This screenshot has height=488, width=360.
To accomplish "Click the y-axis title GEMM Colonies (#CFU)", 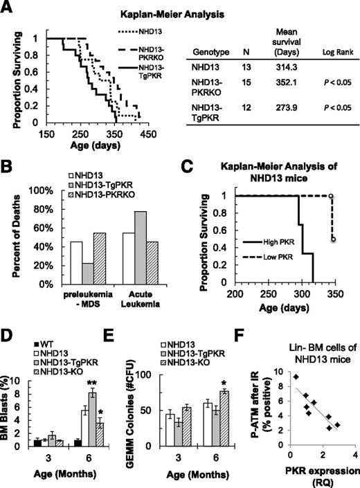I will pyautogui.click(x=139, y=405).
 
